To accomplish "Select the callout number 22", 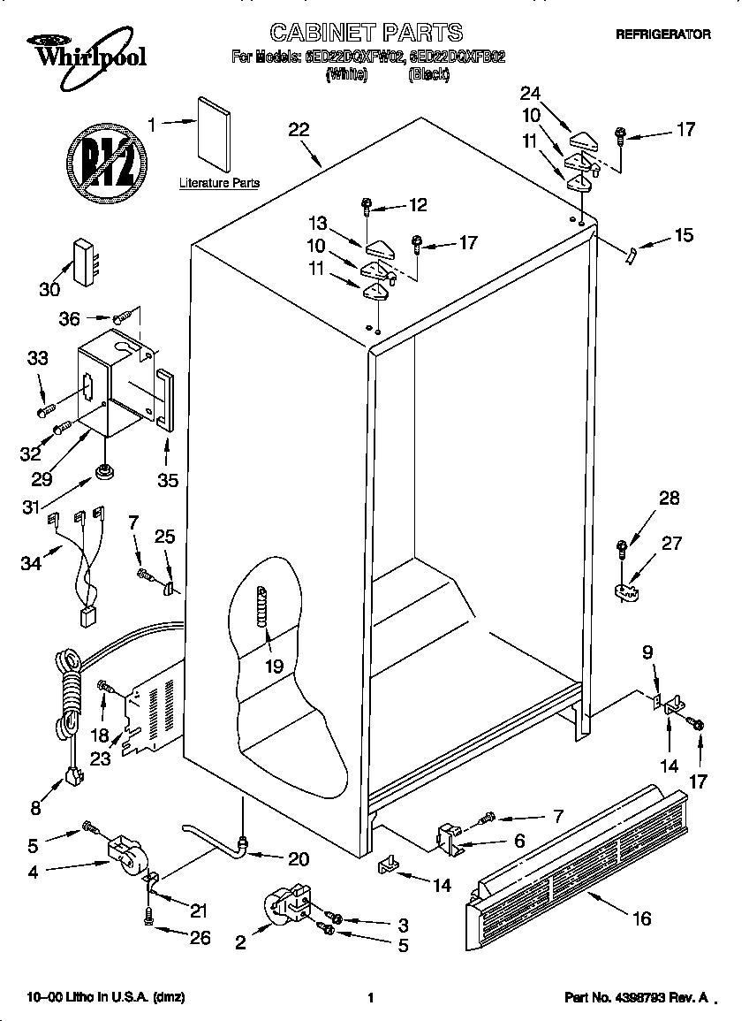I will (x=299, y=130).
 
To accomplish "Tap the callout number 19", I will (x=274, y=666).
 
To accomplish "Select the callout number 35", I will (x=167, y=480).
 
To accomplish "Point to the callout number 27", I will (x=670, y=542).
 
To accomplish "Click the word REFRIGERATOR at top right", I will (x=662, y=34).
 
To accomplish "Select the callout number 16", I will (x=641, y=918).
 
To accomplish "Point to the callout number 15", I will (x=683, y=235).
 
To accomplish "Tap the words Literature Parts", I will (x=219, y=183).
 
